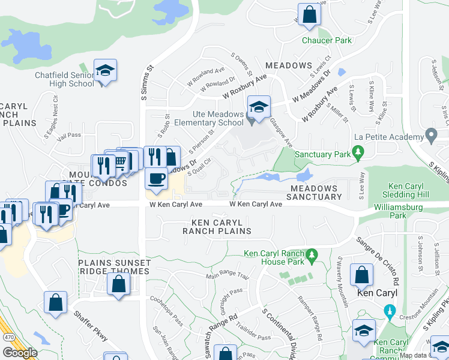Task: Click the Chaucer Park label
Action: [327, 40]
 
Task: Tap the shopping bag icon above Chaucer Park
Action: [309, 16]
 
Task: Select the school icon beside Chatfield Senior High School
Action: [105, 71]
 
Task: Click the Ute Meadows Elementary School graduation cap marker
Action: [259, 107]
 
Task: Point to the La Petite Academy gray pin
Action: [430, 133]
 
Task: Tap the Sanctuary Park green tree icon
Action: [359, 154]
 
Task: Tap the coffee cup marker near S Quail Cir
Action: [157, 179]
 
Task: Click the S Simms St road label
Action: [143, 85]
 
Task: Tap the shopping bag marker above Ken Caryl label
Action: [361, 275]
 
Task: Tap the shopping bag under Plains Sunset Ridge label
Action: [118, 284]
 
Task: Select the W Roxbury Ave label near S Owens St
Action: [244, 88]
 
